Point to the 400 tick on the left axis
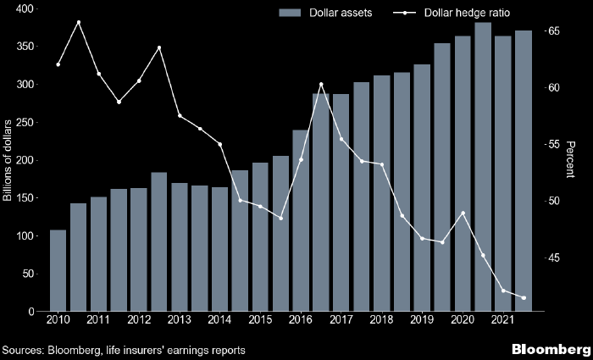click(21, 8)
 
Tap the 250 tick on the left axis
click(21, 123)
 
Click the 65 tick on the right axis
click(553, 31)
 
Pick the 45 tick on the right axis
click(553, 258)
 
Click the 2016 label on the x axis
click(301, 320)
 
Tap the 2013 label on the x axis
click(179, 320)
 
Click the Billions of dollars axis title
click(8, 161)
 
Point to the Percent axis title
click(570, 160)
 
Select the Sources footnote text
click(124, 350)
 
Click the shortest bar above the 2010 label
click(58, 271)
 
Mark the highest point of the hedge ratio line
click(78, 22)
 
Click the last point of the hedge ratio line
click(524, 297)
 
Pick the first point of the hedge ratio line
click(58, 64)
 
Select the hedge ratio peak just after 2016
click(321, 84)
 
